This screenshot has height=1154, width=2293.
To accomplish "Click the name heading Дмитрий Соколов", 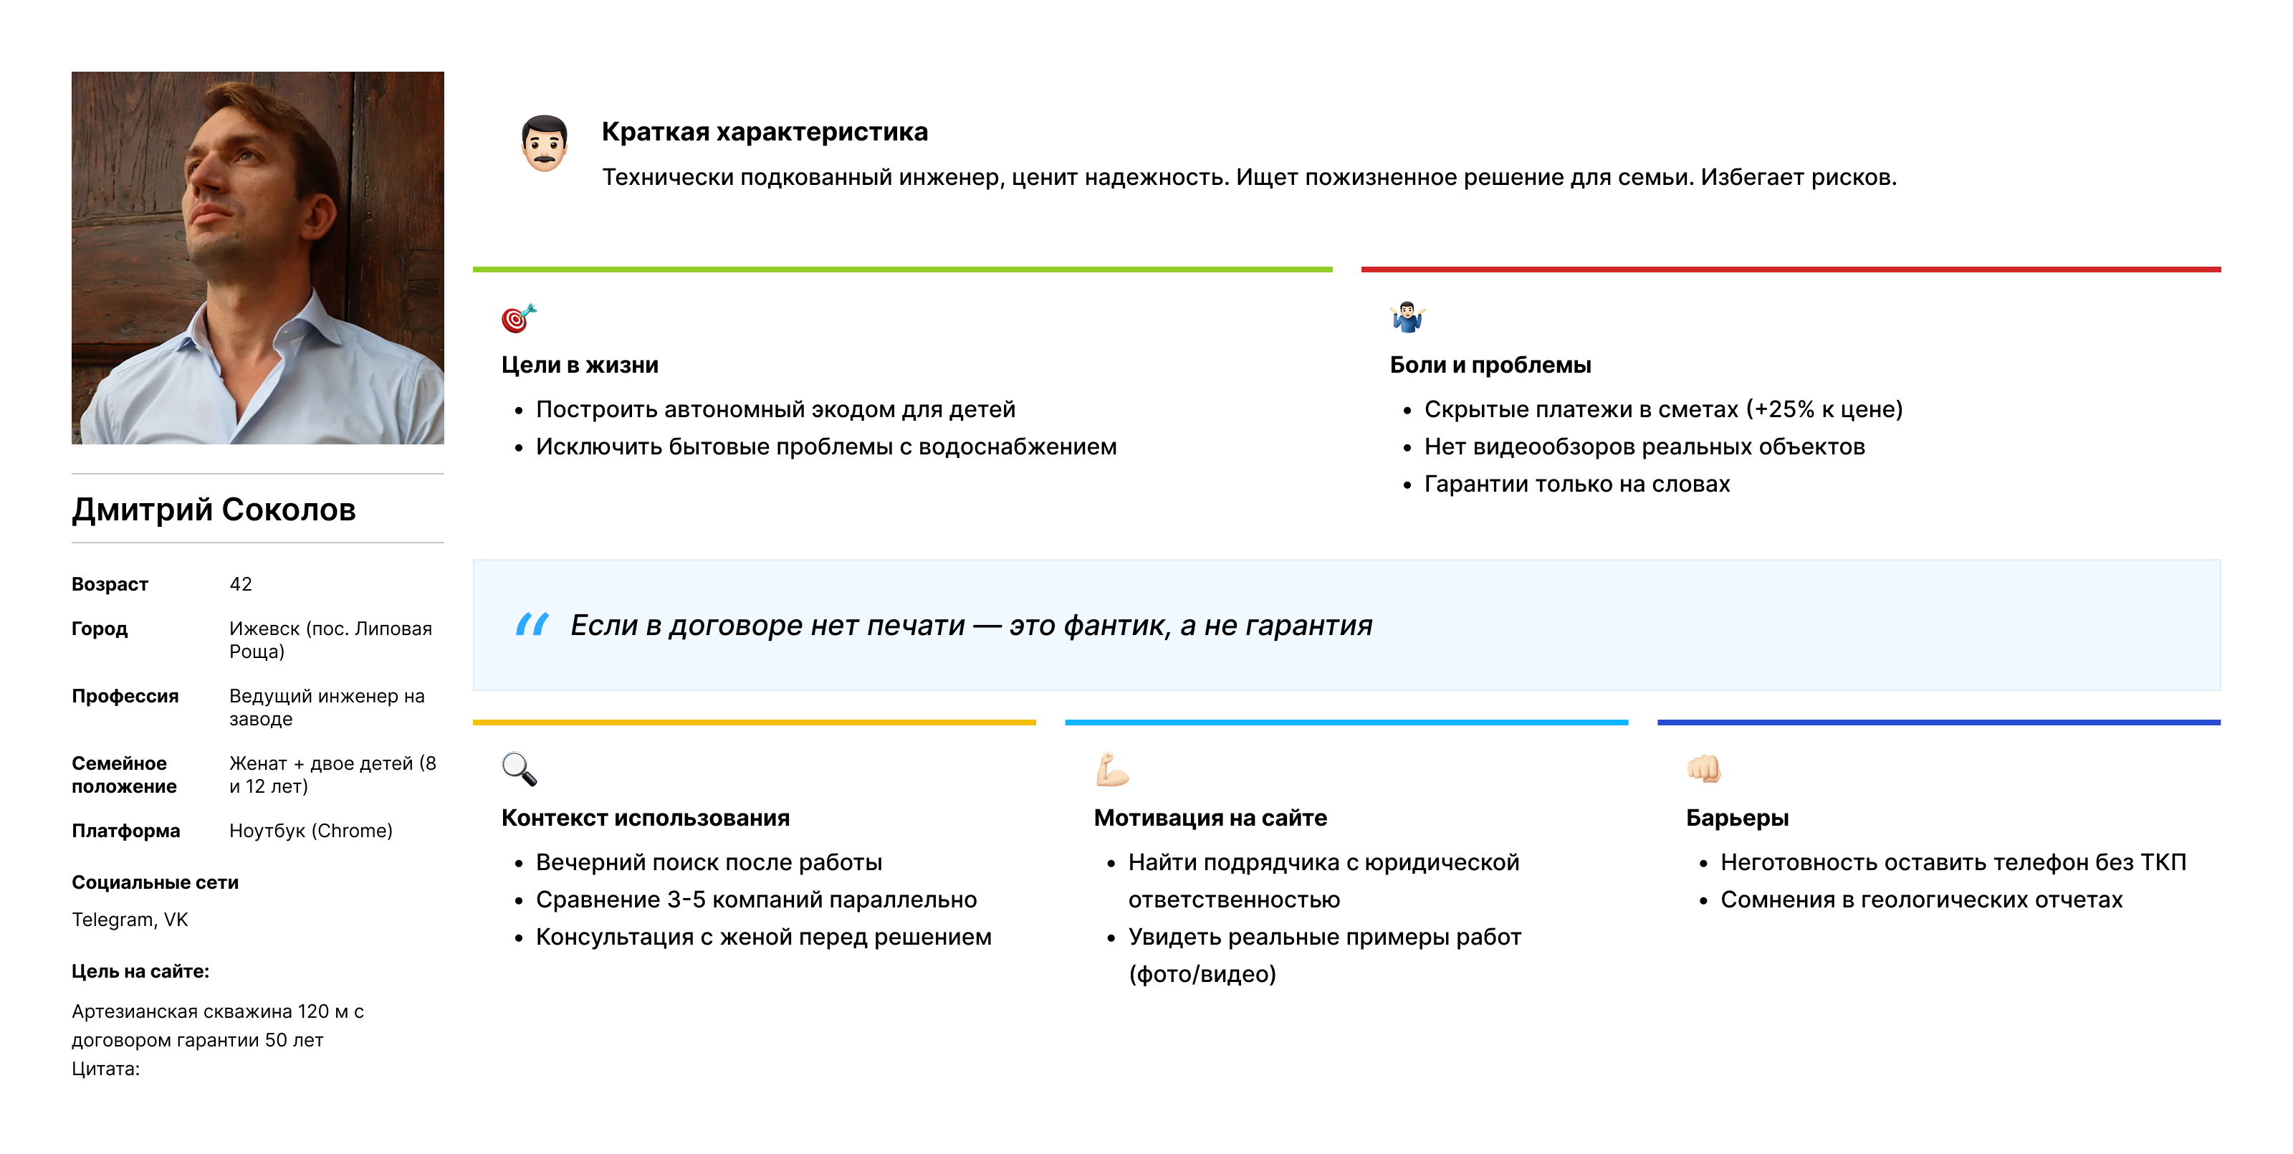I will (x=214, y=510).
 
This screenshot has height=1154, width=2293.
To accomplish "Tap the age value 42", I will (x=240, y=584).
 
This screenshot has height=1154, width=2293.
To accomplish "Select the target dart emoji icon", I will (x=519, y=318).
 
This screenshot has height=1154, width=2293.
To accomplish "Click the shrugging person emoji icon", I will (x=1407, y=318).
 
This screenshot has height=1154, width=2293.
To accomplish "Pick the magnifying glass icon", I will (x=519, y=769).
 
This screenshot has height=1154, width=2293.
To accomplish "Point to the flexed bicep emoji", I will (x=1112, y=769).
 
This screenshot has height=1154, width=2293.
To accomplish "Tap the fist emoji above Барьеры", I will (x=1704, y=768).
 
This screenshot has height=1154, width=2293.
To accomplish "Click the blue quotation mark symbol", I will (x=532, y=624).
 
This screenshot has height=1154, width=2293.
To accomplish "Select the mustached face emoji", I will (x=544, y=143).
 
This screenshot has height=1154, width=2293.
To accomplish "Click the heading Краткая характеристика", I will (x=765, y=132).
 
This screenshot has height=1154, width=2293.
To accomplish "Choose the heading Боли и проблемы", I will (x=1490, y=365).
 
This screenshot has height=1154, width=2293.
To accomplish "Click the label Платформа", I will (x=125, y=831).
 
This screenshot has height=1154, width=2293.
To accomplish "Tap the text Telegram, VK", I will (x=130, y=920).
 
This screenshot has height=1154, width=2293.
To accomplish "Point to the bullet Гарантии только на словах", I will (x=1576, y=484).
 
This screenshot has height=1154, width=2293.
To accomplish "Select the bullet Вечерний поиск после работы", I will (x=709, y=862).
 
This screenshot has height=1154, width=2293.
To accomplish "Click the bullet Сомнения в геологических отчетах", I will (x=1921, y=900).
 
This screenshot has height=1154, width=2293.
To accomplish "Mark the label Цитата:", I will (x=106, y=1069).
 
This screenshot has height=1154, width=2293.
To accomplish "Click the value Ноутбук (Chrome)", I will (x=311, y=831).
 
